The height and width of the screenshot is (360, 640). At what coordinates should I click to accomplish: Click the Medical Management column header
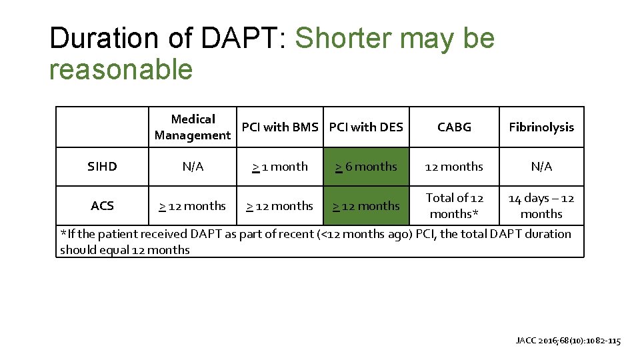pyautogui.click(x=193, y=127)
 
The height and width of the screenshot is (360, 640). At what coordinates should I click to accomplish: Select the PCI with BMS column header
pyautogui.click(x=280, y=127)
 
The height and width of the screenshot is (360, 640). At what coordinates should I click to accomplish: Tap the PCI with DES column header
pyautogui.click(x=366, y=127)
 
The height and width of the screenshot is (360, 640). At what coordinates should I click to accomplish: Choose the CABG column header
pyautogui.click(x=454, y=127)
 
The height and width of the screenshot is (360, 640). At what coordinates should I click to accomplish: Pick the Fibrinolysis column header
pyautogui.click(x=541, y=127)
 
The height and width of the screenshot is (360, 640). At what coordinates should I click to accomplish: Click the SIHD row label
pyautogui.click(x=102, y=167)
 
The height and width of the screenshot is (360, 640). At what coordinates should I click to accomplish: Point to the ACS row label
pyautogui.click(x=102, y=206)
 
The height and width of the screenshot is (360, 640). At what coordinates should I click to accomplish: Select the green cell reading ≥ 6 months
pyautogui.click(x=366, y=167)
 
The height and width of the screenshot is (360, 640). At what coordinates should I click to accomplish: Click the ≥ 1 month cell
pyautogui.click(x=280, y=167)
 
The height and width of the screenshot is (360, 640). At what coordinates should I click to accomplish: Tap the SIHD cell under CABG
pyautogui.click(x=454, y=167)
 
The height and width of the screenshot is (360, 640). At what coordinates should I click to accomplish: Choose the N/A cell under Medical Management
pyautogui.click(x=193, y=167)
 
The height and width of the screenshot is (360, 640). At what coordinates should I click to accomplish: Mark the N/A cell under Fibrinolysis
pyautogui.click(x=541, y=167)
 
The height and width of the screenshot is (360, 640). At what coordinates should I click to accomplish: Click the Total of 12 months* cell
pyautogui.click(x=454, y=206)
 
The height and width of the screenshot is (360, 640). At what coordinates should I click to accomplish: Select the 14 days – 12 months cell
pyautogui.click(x=541, y=206)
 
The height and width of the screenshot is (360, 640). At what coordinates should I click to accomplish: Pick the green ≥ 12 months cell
pyautogui.click(x=366, y=206)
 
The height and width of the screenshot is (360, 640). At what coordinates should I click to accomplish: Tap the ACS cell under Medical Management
pyautogui.click(x=193, y=206)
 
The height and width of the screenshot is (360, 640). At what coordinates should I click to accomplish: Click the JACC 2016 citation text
pyautogui.click(x=568, y=341)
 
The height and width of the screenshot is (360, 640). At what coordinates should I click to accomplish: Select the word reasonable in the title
pyautogui.click(x=121, y=69)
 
